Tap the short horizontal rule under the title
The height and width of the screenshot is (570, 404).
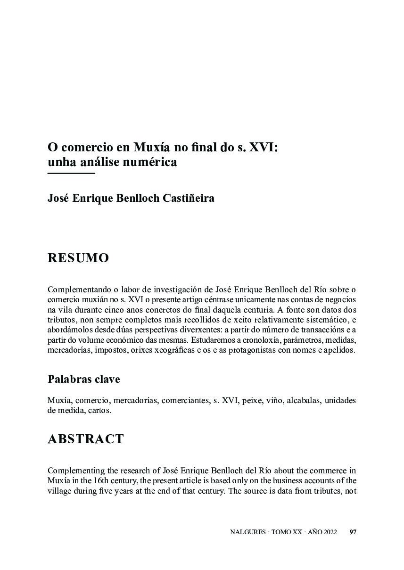point(71,173)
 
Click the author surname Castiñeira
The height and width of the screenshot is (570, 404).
point(188,198)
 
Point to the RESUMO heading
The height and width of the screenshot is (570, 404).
point(78,258)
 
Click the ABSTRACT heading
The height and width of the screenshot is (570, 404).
point(85,439)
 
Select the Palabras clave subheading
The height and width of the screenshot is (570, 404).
point(84,379)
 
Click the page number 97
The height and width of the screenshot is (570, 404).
point(353,532)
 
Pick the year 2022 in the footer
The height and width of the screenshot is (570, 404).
point(330,532)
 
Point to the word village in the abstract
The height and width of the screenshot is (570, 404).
point(59,491)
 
